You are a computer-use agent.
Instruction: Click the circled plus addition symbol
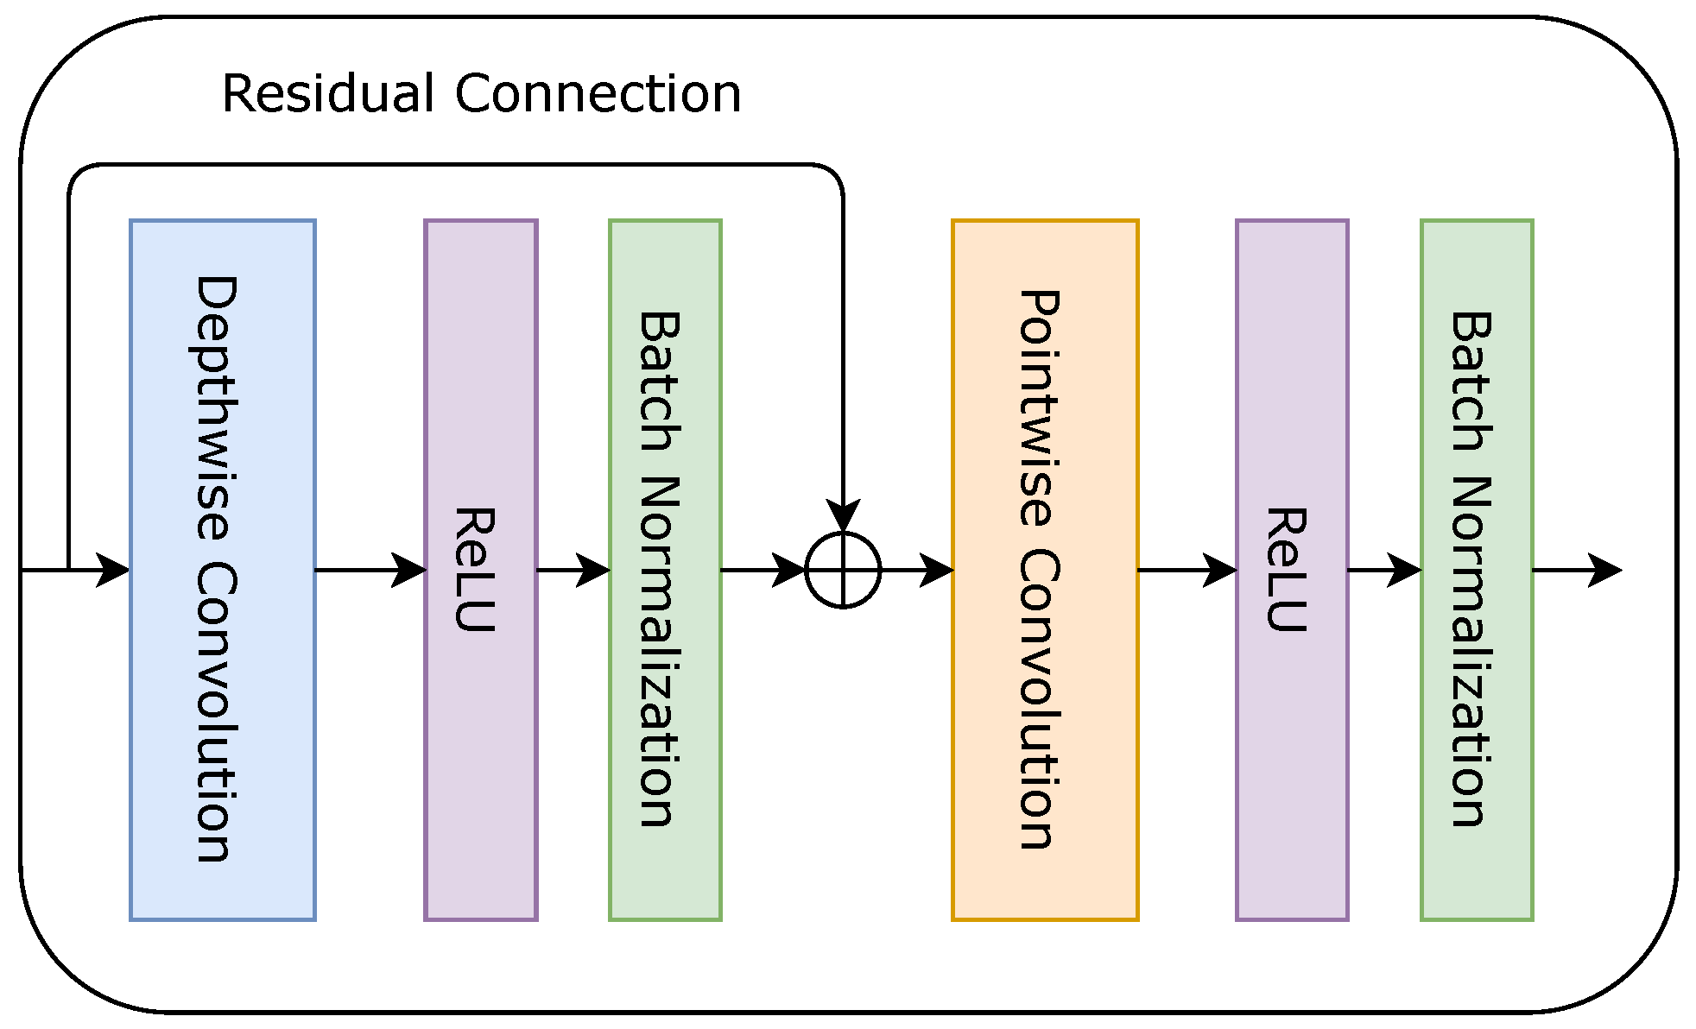pos(843,570)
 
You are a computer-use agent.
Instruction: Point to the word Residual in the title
pos(327,93)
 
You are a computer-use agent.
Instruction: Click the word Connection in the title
pos(598,93)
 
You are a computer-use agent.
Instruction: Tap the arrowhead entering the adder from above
pos(843,516)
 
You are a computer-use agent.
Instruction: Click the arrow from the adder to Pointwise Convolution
pos(917,570)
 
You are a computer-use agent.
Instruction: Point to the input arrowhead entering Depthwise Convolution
pos(112,570)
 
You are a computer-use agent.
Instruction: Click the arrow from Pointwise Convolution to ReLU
pos(1187,570)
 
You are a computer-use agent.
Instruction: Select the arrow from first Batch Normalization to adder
pos(763,570)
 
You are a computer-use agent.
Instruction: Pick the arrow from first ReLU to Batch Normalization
pos(573,570)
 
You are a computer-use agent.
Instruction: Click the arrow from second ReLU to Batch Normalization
pos(1384,570)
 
